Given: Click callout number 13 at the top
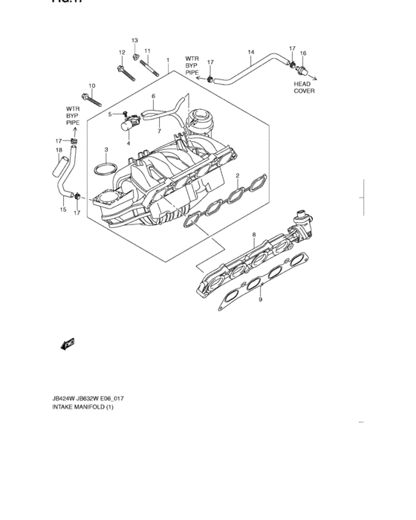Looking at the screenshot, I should pyautogui.click(x=134, y=40).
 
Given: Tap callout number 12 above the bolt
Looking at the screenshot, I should pyautogui.click(x=121, y=52).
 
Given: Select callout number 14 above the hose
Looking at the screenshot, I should pyautogui.click(x=250, y=52).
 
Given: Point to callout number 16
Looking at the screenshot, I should pyautogui.click(x=302, y=53).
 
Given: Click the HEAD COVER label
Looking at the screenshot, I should pyautogui.click(x=304, y=88).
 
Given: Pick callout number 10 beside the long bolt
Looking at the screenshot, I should pyautogui.click(x=92, y=85).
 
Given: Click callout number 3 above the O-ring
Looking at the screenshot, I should pyautogui.click(x=106, y=149).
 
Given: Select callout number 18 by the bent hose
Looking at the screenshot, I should pyautogui.click(x=58, y=151).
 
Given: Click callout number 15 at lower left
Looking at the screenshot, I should pyautogui.click(x=63, y=210).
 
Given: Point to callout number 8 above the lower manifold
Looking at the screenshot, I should pyautogui.click(x=253, y=235).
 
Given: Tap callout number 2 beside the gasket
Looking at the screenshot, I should pyautogui.click(x=237, y=175).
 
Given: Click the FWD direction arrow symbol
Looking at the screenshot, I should pyautogui.click(x=68, y=344).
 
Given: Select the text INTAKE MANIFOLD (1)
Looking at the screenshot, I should pyautogui.click(x=82, y=408).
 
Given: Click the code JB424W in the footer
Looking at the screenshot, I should pyautogui.click(x=65, y=398).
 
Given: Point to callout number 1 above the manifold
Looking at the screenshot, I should pyautogui.click(x=168, y=60).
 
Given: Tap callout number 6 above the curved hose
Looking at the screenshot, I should pyautogui.click(x=153, y=97).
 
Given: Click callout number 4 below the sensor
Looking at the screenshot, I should pyautogui.click(x=128, y=143).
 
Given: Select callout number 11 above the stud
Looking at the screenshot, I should pyautogui.click(x=147, y=51).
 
